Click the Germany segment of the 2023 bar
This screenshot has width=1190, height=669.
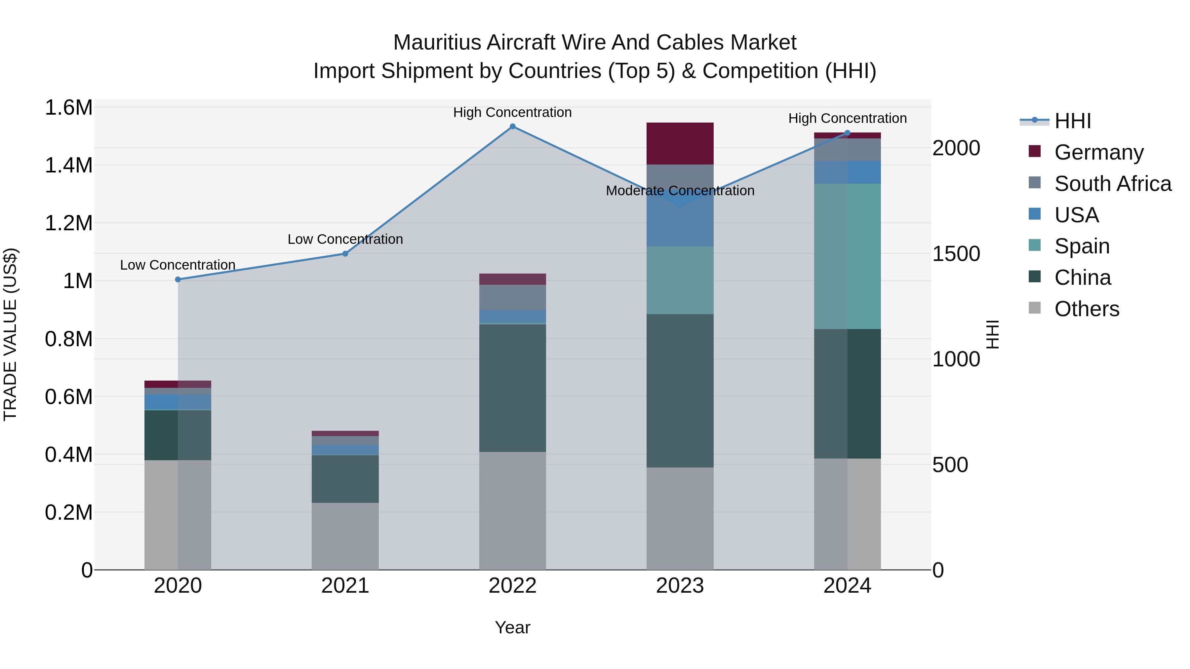point(680,144)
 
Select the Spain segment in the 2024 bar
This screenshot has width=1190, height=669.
point(847,256)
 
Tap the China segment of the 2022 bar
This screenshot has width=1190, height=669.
point(512,388)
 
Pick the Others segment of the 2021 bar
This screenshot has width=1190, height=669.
point(345,536)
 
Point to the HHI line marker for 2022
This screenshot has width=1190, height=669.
point(512,127)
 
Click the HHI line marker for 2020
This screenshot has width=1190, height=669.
point(178,279)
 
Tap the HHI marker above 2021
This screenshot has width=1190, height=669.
point(345,253)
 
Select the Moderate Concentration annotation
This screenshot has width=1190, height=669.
point(680,191)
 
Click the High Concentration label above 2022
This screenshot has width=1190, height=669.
point(512,113)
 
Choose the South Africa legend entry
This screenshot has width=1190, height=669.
point(1112,184)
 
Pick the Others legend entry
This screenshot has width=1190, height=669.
point(1087,309)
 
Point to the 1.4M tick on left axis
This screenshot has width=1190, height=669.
point(68,165)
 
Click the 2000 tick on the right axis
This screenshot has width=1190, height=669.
point(956,148)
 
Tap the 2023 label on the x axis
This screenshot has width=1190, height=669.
point(680,586)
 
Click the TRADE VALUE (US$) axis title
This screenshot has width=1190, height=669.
point(10,334)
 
